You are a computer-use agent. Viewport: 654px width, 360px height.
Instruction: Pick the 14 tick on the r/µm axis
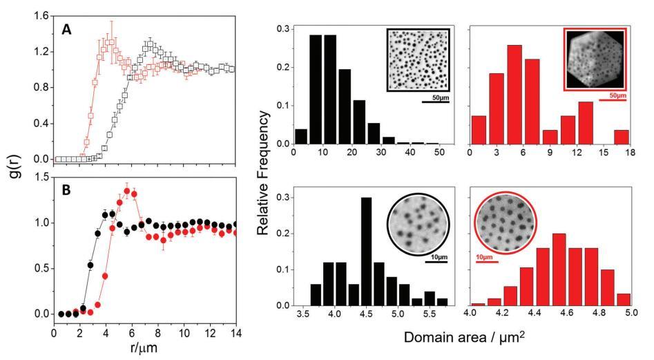(235, 333)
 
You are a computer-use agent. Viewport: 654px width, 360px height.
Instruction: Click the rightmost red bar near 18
(621, 137)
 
